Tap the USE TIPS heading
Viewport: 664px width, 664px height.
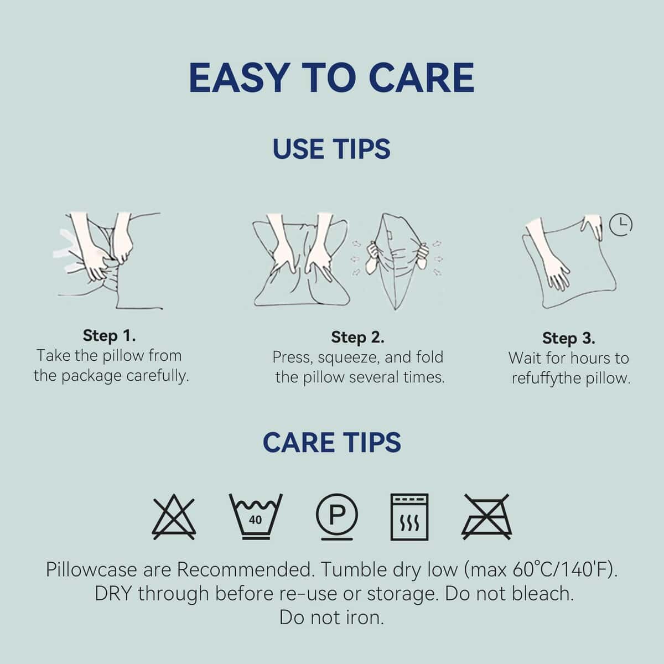[331, 149]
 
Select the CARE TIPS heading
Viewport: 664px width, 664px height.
[332, 442]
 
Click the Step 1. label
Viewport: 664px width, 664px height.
[109, 335]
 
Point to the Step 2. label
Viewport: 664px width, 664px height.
[357, 337]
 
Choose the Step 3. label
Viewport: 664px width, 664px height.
[569, 338]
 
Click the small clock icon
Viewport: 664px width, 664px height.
[621, 225]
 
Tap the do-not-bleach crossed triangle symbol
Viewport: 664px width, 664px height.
[174, 517]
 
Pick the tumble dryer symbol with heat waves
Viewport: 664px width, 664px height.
[409, 517]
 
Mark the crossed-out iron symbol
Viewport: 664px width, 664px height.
[486, 517]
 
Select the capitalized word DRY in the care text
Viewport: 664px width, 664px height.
[113, 594]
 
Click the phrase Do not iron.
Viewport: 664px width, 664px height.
[331, 618]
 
